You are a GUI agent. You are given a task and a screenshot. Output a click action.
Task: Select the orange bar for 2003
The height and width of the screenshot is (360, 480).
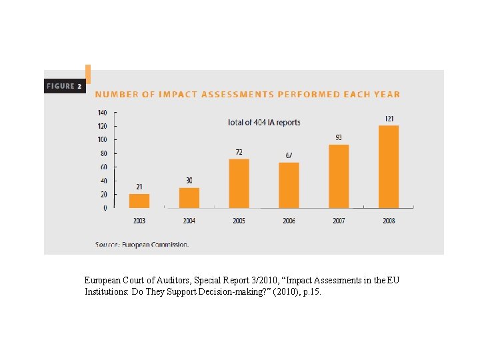point(139,201)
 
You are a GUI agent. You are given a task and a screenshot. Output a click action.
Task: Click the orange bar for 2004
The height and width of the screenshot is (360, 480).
point(189,197)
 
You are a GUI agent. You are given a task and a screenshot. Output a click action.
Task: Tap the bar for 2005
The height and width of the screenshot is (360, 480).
point(239,183)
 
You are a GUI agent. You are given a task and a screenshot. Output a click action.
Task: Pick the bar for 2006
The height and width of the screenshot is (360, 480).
point(289,185)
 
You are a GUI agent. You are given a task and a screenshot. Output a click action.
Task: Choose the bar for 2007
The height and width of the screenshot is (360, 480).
point(339,176)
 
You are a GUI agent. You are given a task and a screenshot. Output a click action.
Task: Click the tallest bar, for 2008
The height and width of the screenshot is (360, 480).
point(389,167)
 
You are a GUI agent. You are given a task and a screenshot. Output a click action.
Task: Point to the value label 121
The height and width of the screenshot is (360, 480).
point(389,119)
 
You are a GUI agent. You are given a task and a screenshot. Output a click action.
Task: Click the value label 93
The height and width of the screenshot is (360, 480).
point(339,138)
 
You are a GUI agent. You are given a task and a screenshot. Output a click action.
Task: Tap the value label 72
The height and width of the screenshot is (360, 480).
point(239,152)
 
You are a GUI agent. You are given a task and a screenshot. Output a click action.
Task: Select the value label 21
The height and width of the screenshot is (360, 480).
point(139,187)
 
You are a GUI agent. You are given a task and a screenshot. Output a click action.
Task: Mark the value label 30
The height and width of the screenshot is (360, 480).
point(189,181)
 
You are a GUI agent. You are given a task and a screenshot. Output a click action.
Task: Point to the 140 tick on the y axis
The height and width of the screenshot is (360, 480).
point(102,112)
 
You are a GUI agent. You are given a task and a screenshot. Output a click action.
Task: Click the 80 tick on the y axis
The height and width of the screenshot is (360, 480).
point(103,153)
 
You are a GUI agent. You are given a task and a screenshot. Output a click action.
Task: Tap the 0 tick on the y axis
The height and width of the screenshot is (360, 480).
point(105,208)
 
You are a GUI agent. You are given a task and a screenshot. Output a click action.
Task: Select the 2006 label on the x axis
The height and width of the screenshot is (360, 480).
point(289,221)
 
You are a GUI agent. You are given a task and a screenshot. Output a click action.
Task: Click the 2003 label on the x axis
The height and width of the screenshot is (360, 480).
point(139,221)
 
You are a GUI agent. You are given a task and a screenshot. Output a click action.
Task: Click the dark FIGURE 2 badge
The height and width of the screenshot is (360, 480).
point(65,86)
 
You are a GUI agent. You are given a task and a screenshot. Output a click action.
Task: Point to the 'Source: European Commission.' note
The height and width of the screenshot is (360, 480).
point(141,244)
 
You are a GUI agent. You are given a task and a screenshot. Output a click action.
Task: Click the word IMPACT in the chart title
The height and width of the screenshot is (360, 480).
point(178,95)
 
